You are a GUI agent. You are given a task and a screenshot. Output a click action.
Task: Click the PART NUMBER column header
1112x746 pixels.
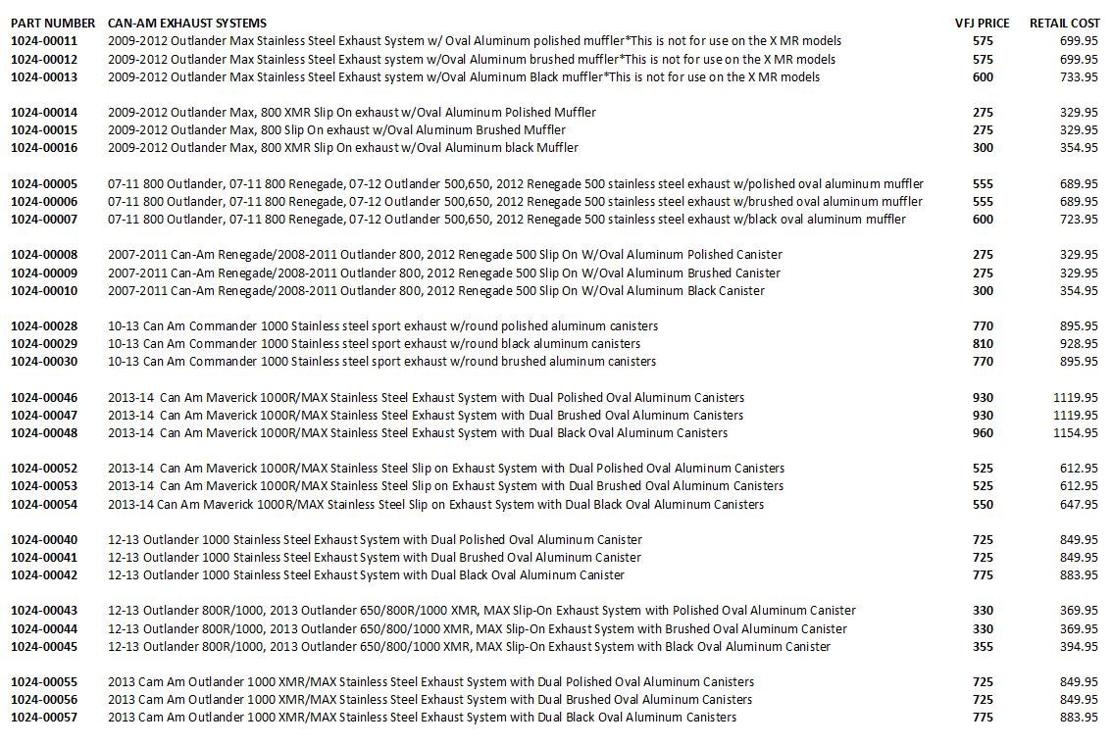click(x=53, y=23)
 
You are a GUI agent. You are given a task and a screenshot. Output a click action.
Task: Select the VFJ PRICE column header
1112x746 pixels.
click(x=982, y=23)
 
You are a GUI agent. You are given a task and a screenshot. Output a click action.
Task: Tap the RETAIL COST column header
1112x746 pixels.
click(x=1064, y=23)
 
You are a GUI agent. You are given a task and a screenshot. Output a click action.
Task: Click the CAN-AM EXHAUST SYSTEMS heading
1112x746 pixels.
click(x=187, y=23)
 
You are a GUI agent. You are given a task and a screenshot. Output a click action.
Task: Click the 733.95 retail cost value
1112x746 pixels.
click(x=1079, y=77)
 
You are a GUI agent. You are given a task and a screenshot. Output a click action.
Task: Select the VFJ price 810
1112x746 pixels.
click(x=983, y=344)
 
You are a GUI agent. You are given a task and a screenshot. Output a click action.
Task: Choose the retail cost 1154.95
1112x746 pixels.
click(x=1075, y=433)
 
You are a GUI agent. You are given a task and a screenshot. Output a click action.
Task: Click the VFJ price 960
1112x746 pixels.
click(x=983, y=433)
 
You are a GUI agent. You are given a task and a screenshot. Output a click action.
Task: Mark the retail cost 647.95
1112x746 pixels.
click(x=1079, y=505)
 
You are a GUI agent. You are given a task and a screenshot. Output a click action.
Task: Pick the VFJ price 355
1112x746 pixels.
click(x=983, y=647)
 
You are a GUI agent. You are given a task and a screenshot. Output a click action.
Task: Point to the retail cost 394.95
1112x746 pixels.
click(x=1079, y=647)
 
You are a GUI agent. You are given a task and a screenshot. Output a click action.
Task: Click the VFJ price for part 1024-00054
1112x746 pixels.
click(x=983, y=505)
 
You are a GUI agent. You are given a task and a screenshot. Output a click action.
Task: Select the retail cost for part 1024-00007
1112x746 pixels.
click(x=1079, y=220)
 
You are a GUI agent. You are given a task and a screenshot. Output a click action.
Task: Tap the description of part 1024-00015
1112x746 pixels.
click(x=336, y=130)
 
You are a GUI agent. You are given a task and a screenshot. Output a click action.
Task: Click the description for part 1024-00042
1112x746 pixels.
click(x=366, y=575)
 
